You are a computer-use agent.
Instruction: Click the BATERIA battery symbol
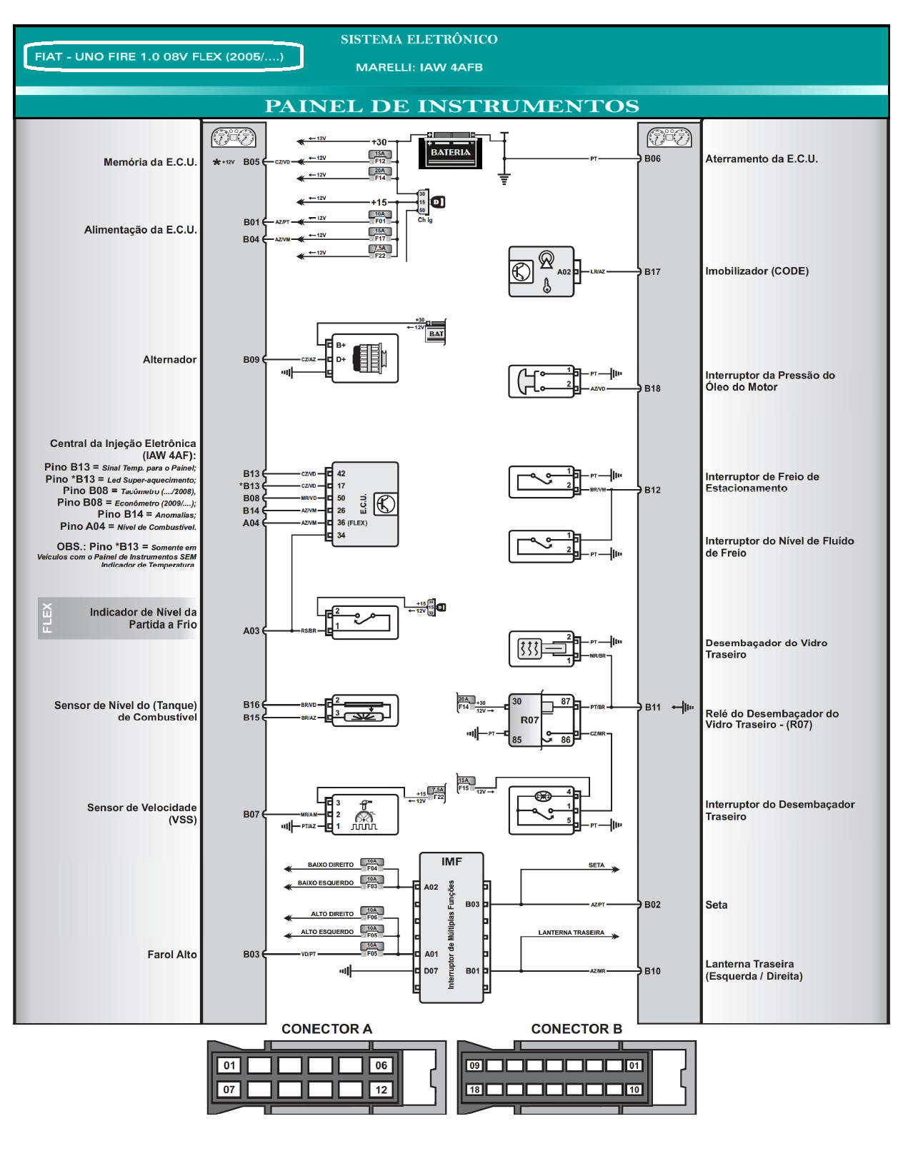click(x=450, y=151)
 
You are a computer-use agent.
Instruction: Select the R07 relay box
click(x=529, y=720)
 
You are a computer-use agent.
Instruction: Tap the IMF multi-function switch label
click(x=451, y=862)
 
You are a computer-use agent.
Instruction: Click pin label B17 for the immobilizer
click(x=652, y=272)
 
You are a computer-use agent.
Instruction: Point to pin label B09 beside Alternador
click(x=251, y=360)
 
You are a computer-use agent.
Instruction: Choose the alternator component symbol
click(x=365, y=358)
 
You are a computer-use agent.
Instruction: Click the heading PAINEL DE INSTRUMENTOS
click(x=451, y=106)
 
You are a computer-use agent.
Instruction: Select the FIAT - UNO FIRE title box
click(x=163, y=57)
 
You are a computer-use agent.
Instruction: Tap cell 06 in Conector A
click(x=381, y=1065)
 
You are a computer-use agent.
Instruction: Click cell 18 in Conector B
click(x=474, y=1090)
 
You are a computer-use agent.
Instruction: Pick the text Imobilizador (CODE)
click(x=757, y=271)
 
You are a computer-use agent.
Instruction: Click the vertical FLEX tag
click(x=47, y=618)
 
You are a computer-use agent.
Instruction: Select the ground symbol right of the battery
click(x=504, y=179)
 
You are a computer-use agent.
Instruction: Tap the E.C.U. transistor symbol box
click(x=385, y=504)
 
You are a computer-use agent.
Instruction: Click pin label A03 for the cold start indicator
click(x=251, y=631)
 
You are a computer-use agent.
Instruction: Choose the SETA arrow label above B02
click(x=596, y=865)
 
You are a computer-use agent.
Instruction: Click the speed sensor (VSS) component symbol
click(x=364, y=814)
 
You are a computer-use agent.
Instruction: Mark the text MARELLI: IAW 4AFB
click(x=419, y=67)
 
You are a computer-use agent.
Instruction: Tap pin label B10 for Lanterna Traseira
click(x=652, y=971)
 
